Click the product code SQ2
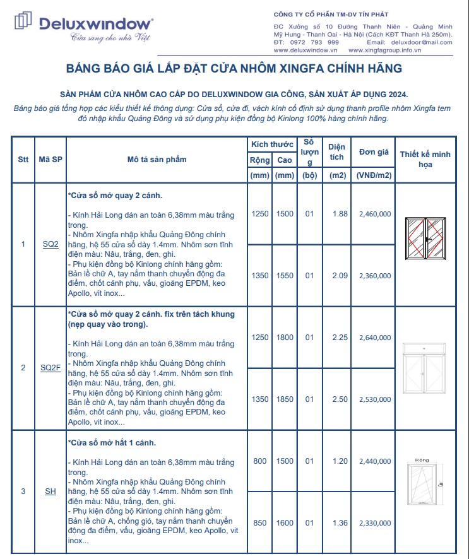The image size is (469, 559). (x=50, y=244)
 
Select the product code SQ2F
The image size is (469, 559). (x=50, y=368)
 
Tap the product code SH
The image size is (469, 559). (x=50, y=491)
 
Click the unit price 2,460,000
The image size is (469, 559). (x=374, y=214)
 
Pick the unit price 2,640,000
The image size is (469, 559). (x=374, y=338)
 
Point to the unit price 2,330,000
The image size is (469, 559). (x=374, y=523)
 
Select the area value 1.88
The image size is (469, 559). (x=340, y=214)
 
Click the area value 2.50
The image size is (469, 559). (x=340, y=399)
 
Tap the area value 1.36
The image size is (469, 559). (x=340, y=523)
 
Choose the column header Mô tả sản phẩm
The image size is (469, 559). (x=157, y=160)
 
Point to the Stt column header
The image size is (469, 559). (x=23, y=160)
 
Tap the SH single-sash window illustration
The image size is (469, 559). (x=424, y=486)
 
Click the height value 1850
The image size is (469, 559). (x=285, y=399)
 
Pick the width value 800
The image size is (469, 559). (x=259, y=461)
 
